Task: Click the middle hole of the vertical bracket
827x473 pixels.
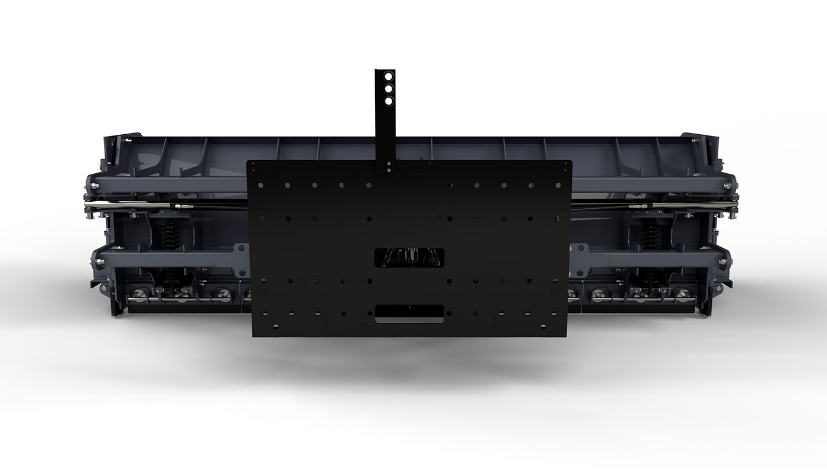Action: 388,89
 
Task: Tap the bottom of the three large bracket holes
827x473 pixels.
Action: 388,101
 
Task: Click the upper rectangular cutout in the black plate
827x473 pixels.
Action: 409,257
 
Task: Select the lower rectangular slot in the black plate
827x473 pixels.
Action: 409,313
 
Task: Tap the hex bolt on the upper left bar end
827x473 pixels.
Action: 95,187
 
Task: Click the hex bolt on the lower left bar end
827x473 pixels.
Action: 95,258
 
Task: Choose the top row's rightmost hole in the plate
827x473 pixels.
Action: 558,186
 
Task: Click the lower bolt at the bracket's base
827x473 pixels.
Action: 388,170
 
